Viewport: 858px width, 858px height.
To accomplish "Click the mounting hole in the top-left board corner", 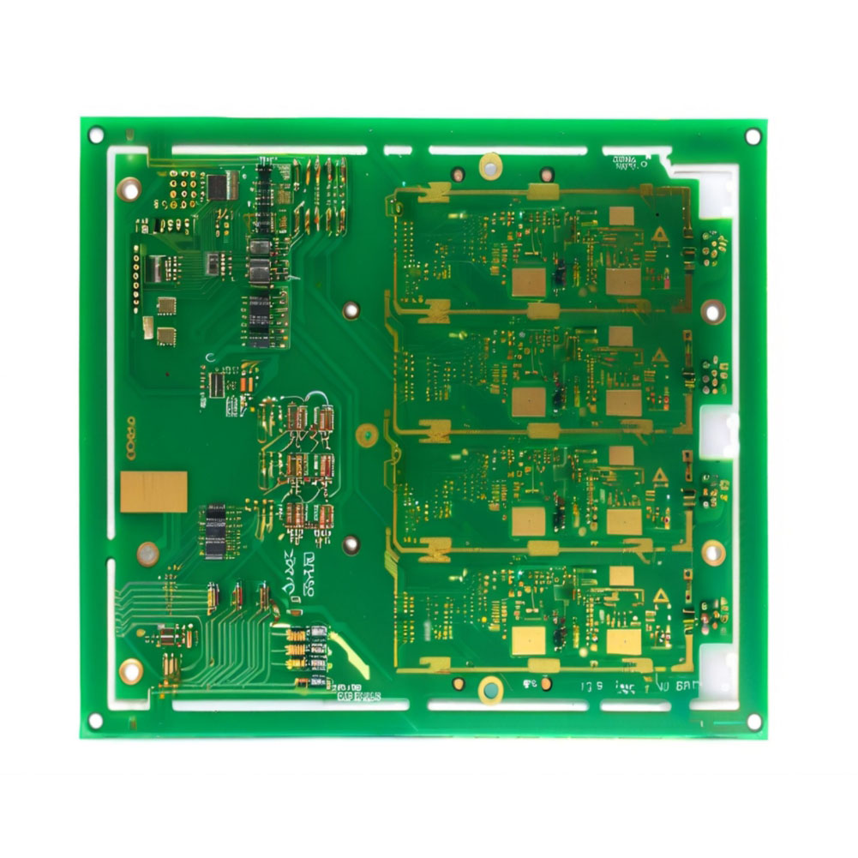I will [96, 135].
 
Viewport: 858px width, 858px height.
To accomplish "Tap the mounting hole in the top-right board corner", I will [753, 136].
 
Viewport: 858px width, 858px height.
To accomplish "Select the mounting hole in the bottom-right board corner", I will [753, 722].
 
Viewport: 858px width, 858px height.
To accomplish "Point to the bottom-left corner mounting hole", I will [96, 722].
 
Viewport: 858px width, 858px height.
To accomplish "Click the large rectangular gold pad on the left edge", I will [153, 492].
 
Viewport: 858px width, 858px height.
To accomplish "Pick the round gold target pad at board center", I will [366, 435].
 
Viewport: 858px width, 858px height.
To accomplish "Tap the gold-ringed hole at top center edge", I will [490, 165].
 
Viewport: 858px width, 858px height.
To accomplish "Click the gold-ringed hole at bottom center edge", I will [490, 688].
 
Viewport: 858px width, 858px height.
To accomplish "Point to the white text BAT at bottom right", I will [687, 686].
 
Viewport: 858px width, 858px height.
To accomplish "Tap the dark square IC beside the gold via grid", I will [224, 185].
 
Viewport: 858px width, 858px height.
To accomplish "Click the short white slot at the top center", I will [398, 151].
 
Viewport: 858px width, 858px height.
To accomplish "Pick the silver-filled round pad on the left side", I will [148, 553].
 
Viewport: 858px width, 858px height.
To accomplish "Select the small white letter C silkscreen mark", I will [209, 357].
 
